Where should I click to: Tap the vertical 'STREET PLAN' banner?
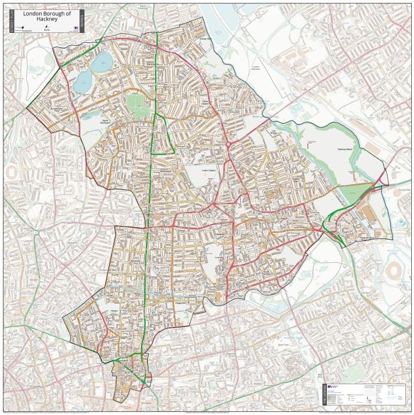coord(11,21)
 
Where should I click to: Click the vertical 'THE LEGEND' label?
coord(325,394)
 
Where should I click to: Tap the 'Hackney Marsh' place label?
coord(346,149)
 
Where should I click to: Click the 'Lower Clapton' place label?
coord(208,170)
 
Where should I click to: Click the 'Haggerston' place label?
coord(181,302)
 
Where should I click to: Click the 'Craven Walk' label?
coord(206,39)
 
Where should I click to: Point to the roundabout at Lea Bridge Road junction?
coord(228,145)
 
